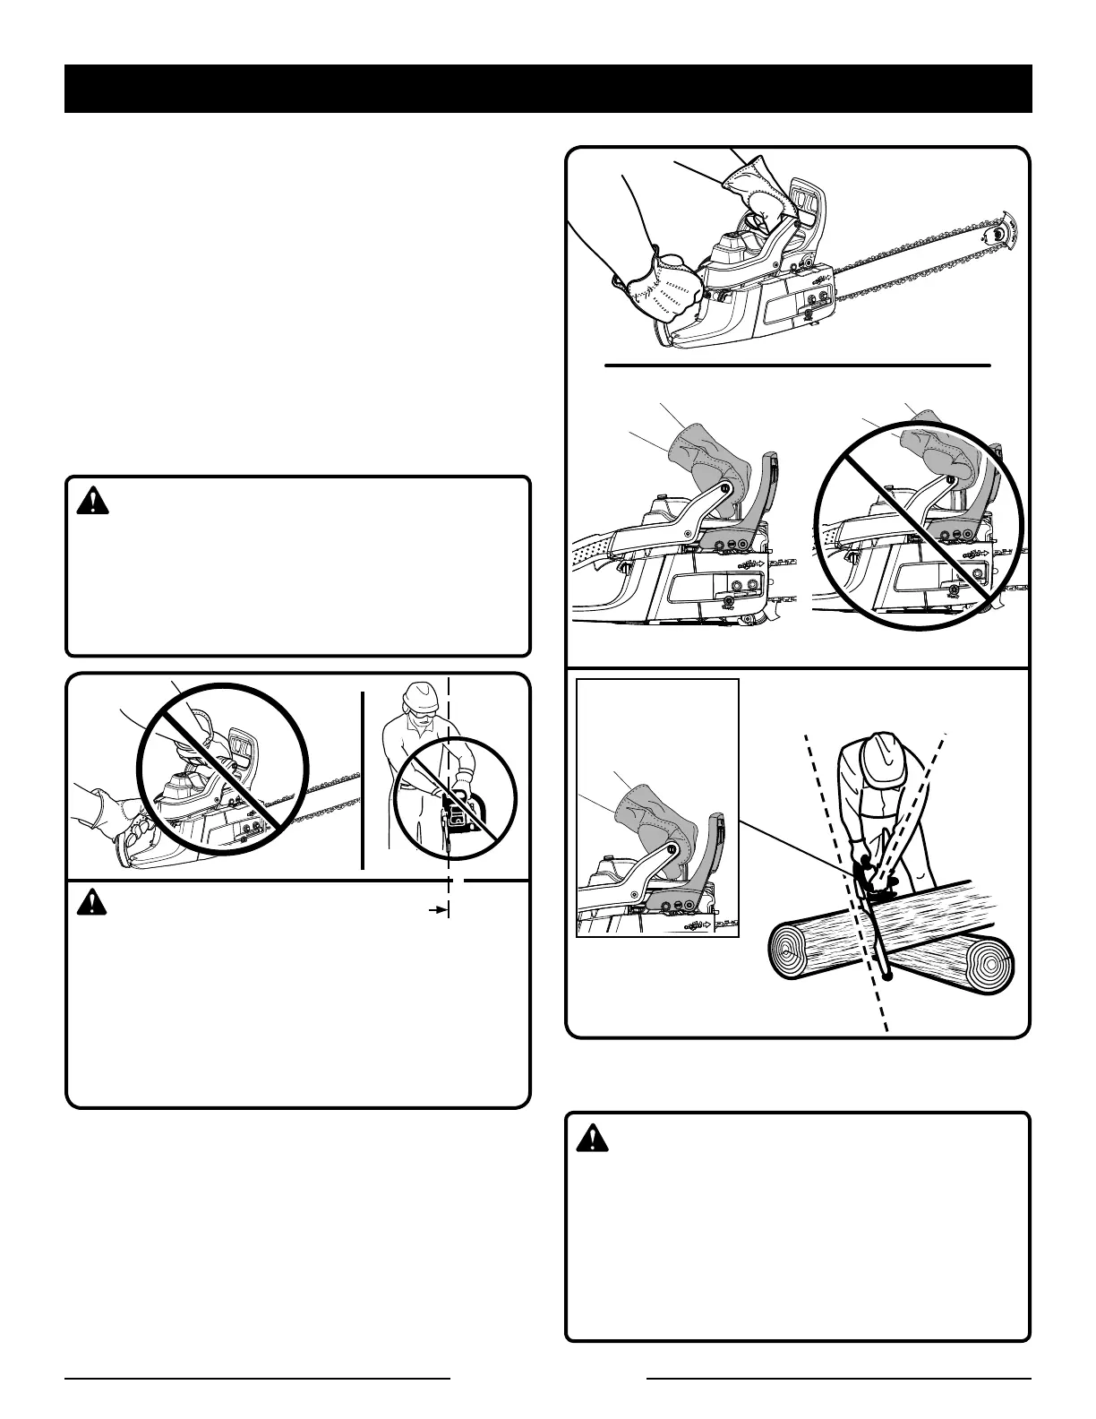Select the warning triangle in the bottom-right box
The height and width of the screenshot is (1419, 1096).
coord(592,1138)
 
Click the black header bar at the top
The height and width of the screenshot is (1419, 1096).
coord(548,89)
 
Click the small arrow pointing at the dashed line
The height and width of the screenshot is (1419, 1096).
coord(438,909)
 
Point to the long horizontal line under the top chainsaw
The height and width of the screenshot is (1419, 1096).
coord(797,365)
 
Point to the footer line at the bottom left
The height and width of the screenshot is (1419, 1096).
coord(257,1378)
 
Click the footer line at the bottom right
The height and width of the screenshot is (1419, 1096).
coord(838,1378)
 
